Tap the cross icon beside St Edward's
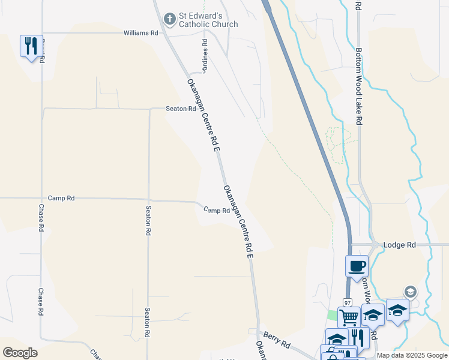[x=170, y=19]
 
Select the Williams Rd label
[x=140, y=33]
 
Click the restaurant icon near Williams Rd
[x=31, y=46]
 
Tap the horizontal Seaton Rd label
[x=181, y=109]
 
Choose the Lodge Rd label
[x=402, y=245]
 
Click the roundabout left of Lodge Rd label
[x=374, y=245]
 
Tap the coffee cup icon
[x=357, y=266]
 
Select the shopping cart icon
[x=349, y=317]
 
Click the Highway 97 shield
[x=348, y=302]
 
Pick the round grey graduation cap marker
[x=410, y=292]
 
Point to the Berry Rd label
[x=277, y=342]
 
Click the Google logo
[x=20, y=352]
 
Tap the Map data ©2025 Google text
[x=411, y=355]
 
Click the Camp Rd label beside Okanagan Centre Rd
[x=217, y=211]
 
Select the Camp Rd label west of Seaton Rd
[x=61, y=198]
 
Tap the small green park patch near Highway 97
[x=332, y=316]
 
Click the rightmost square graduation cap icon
[x=397, y=310]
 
